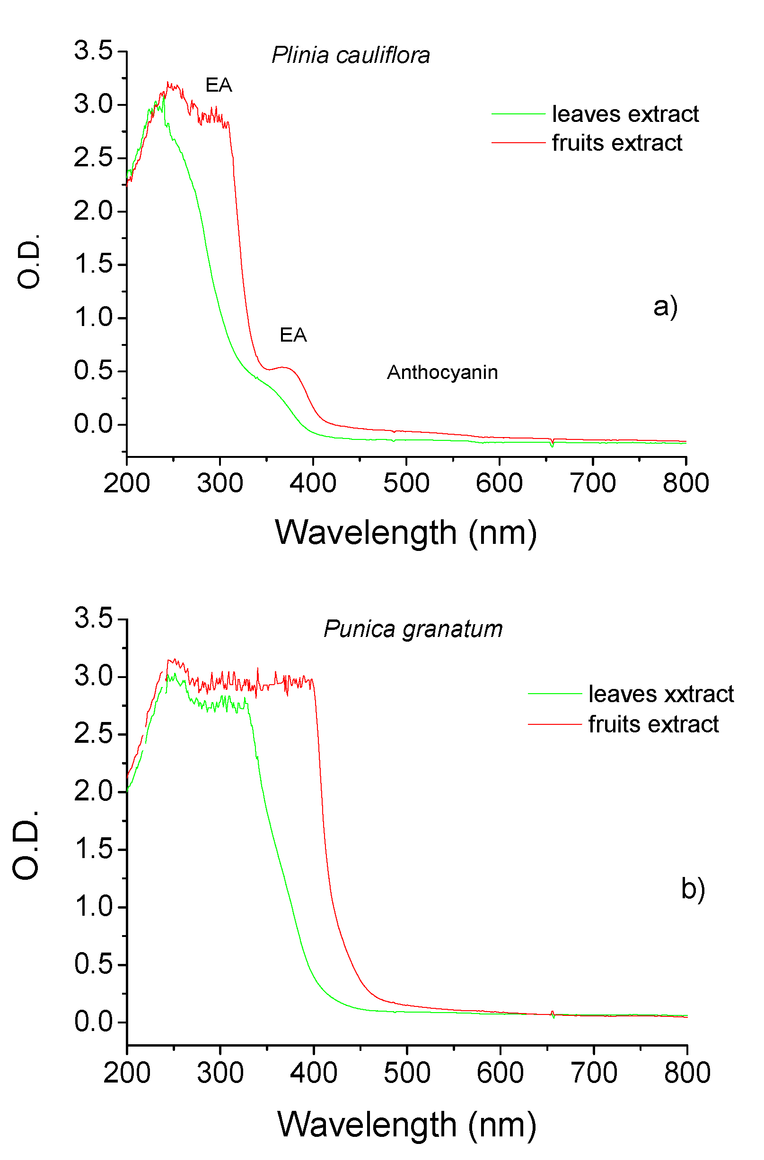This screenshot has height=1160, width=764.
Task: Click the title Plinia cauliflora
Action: [350, 55]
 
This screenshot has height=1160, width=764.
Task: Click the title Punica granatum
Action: [413, 629]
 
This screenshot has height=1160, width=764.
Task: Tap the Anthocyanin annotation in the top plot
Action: [442, 372]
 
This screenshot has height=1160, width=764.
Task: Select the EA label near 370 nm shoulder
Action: [293, 335]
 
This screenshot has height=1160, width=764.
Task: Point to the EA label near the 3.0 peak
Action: [219, 86]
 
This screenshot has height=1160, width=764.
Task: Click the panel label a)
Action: [665, 307]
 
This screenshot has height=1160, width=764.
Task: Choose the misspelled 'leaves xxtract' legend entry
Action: [660, 694]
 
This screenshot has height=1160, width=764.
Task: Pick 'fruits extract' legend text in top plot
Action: [617, 143]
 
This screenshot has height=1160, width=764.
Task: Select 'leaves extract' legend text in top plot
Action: [625, 114]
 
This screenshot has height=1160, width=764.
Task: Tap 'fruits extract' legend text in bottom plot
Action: [653, 724]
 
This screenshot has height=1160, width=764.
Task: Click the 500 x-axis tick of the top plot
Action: [406, 483]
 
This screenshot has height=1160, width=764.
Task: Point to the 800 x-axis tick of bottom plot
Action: [686, 1073]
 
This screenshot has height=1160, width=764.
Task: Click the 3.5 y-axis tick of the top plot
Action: [93, 51]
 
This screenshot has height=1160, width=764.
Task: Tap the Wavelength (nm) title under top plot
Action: [406, 532]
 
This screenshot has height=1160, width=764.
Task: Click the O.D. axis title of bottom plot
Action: [26, 846]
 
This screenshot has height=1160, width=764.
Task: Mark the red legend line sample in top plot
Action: [518, 143]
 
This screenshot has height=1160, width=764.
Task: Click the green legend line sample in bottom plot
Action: [555, 694]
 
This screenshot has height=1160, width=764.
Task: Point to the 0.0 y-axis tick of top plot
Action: [93, 424]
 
